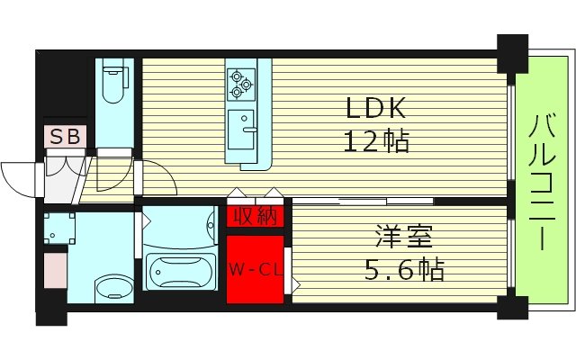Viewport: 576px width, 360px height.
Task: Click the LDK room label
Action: point(378,108)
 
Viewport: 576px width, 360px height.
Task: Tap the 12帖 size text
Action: point(376,141)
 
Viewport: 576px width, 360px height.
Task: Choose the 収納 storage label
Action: point(256,217)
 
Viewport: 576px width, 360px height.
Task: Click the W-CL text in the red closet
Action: point(256,268)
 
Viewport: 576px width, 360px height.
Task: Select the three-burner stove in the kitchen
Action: point(240,84)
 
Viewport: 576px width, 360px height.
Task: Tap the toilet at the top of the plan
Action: point(114,83)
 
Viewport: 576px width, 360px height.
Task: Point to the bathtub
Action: point(180,270)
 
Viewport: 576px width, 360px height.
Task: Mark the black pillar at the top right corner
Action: point(513,52)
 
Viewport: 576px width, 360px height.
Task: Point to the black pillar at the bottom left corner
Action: point(52,312)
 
